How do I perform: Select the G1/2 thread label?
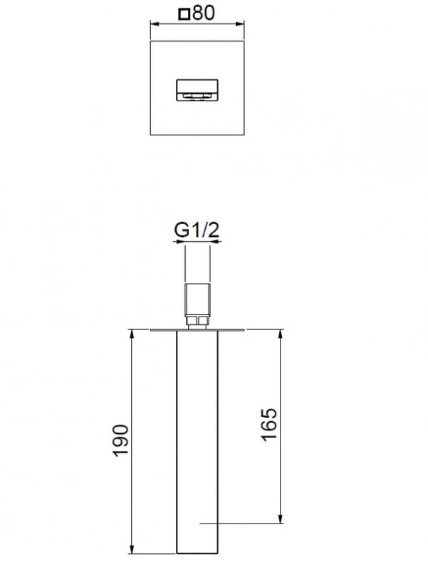pos(196,230)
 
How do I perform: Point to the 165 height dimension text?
pos(268,425)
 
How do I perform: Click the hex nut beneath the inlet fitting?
pos(197,323)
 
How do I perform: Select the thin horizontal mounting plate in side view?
pos(197,329)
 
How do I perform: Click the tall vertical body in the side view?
pos(197,441)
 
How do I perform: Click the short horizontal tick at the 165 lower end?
pos(214,524)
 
